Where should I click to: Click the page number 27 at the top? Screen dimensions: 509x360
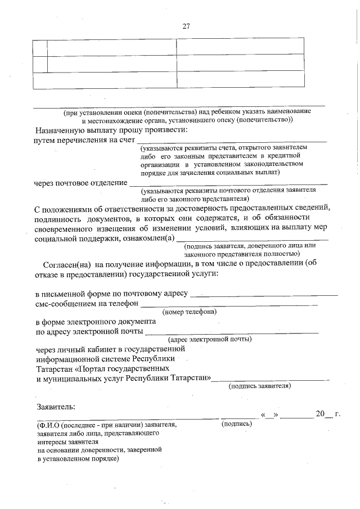coord(187,26)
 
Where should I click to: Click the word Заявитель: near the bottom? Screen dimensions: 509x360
coord(56,406)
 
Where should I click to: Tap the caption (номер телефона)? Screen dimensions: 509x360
coord(190,312)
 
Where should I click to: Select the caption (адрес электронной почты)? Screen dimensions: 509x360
coord(210,339)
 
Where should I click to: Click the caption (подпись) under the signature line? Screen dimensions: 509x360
coord(237,424)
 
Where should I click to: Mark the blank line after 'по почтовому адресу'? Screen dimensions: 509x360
coord(264,294)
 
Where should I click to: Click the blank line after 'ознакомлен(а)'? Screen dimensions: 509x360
coord(253,240)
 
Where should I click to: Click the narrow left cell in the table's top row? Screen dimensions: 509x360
coord(39,47)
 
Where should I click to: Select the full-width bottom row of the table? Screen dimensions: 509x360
coord(168,80)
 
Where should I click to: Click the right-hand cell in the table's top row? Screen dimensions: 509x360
coord(240,47)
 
